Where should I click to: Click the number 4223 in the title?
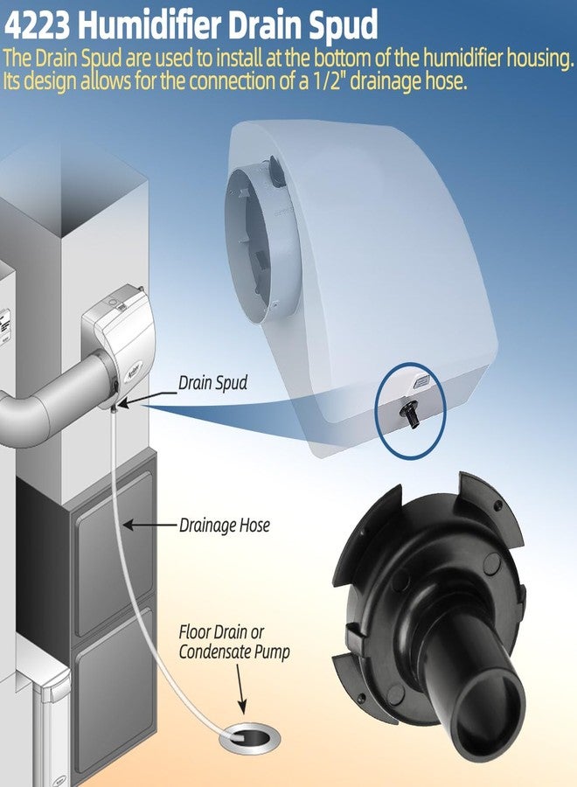click(x=37, y=25)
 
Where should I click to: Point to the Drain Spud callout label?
click(x=212, y=384)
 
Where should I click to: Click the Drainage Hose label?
click(x=225, y=526)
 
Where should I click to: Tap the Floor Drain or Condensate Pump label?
click(x=234, y=642)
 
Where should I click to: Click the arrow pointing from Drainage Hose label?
click(x=150, y=526)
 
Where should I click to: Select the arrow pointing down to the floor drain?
click(x=240, y=689)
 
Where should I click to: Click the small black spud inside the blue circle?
click(x=409, y=415)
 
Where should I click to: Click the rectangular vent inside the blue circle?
click(x=420, y=382)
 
